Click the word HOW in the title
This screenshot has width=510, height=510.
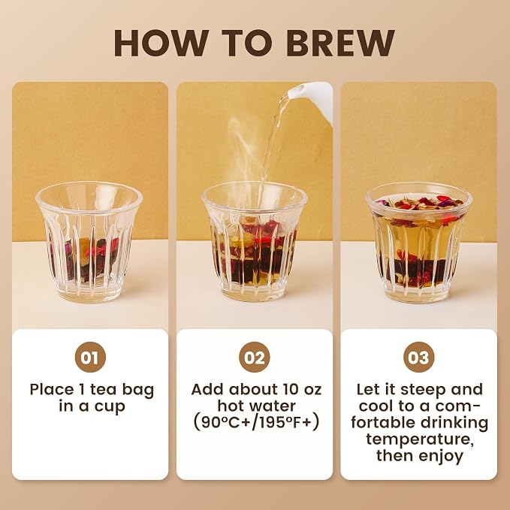coord(160,43)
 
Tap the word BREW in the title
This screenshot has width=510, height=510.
coord(340,43)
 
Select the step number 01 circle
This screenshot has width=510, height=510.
coord(90,357)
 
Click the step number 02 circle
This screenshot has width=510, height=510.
coord(255,357)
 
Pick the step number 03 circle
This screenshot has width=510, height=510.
coord(418,357)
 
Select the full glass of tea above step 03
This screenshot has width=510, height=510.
coord(419,243)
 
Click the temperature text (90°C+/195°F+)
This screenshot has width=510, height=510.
coord(255,423)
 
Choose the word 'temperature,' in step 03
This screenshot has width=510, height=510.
coord(419,439)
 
